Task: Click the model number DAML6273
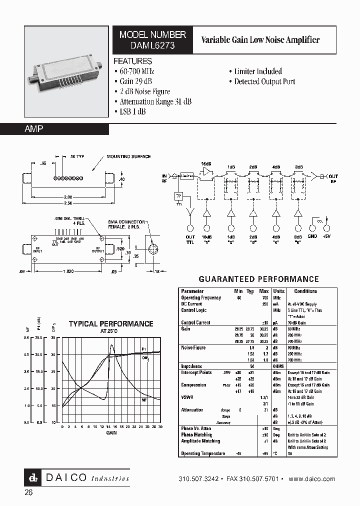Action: click(x=152, y=45)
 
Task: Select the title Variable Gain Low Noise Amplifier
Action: click(x=260, y=40)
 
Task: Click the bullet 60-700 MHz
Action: click(x=137, y=71)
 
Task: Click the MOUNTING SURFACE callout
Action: click(x=128, y=156)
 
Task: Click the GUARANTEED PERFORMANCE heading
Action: click(x=258, y=279)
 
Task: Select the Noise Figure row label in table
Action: click(x=193, y=347)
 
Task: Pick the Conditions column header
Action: click(x=305, y=291)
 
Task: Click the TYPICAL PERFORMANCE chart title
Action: click(x=110, y=324)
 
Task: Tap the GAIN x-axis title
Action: click(x=111, y=432)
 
